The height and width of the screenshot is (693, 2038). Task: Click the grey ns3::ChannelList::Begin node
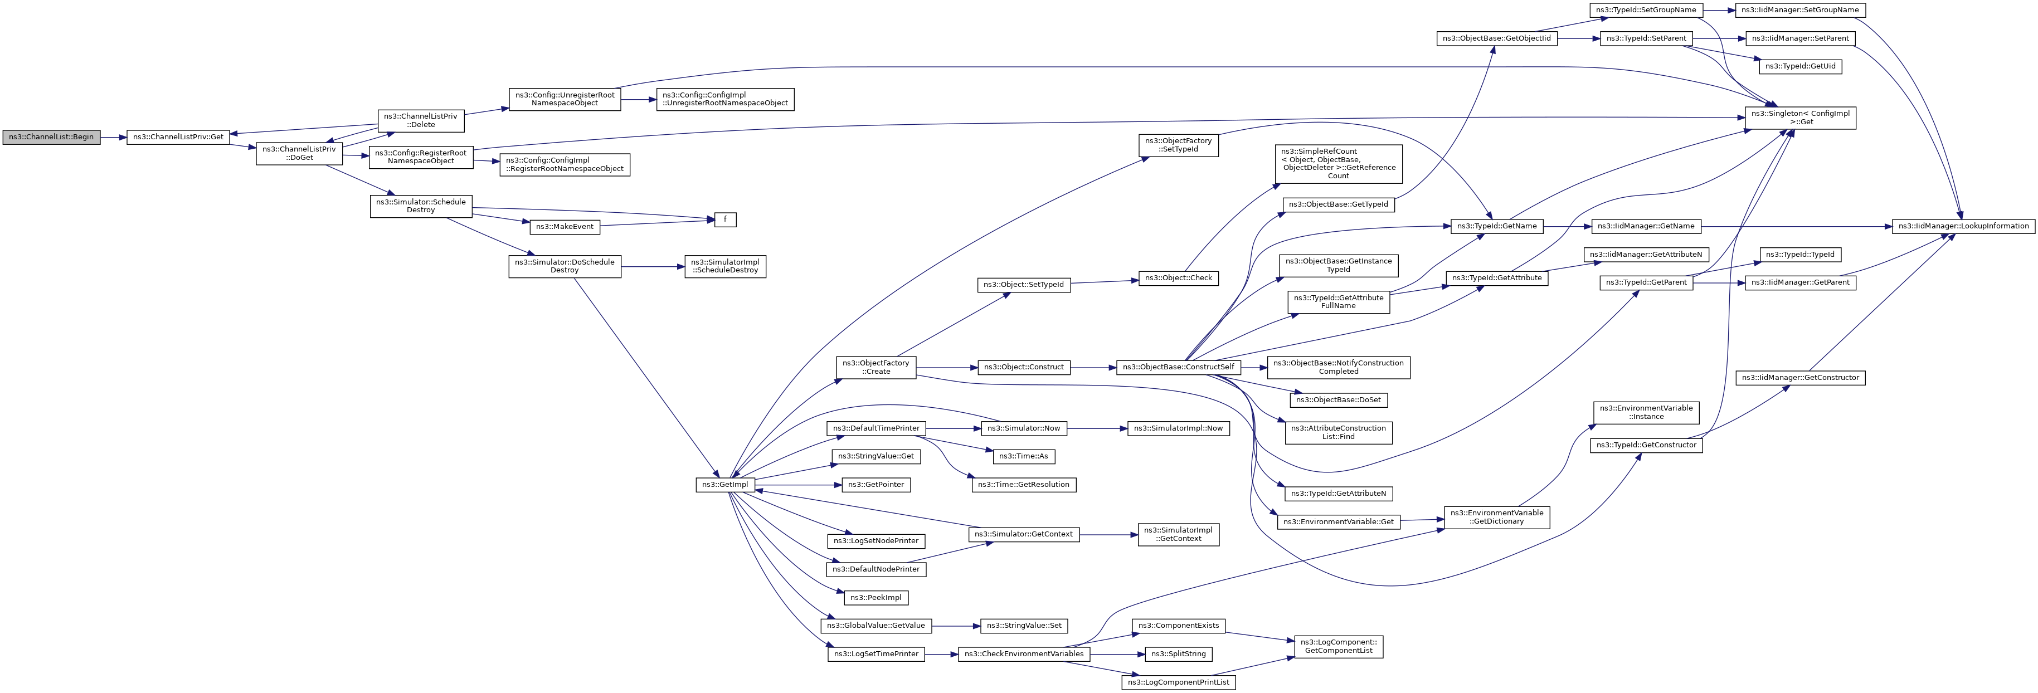click(51, 137)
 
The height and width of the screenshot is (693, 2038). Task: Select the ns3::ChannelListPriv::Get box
click(178, 137)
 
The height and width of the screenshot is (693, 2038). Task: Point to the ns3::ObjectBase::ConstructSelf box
click(1179, 367)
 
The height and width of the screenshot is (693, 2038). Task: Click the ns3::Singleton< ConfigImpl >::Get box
click(1801, 118)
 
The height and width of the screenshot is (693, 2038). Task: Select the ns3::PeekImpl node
click(876, 597)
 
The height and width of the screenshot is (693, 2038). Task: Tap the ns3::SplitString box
click(1178, 654)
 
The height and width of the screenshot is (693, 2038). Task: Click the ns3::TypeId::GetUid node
click(1800, 66)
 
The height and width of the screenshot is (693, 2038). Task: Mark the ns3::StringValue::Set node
click(1024, 626)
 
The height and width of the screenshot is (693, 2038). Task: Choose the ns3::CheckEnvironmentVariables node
click(1024, 654)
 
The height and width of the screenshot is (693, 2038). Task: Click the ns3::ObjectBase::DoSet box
click(1338, 401)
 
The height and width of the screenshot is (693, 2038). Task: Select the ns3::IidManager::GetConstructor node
click(1800, 378)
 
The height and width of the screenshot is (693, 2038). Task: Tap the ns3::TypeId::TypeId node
click(1800, 255)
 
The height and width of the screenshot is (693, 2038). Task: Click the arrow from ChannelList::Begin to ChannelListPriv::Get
click(114, 138)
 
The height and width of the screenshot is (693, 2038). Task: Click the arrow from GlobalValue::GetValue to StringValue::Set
click(956, 626)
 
